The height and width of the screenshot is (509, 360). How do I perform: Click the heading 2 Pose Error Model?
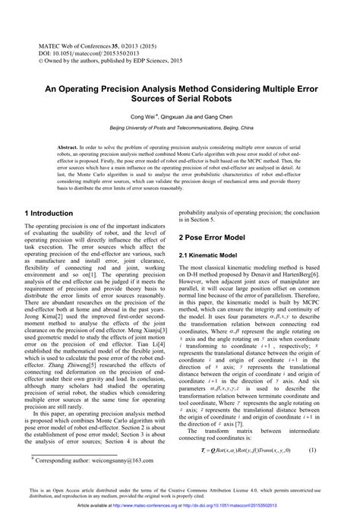tap(221, 238)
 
